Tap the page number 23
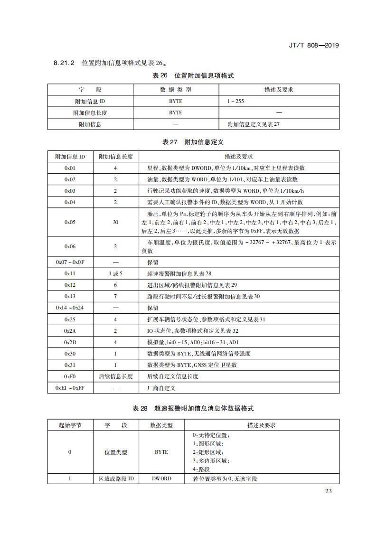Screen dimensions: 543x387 tap(329, 491)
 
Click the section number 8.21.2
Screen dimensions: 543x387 tap(64, 63)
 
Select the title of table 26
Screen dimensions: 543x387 tap(193, 75)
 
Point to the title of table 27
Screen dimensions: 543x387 tap(193, 142)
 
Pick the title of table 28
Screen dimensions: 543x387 tap(193, 408)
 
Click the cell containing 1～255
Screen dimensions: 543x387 tap(236, 102)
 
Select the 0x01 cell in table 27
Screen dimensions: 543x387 tap(70, 168)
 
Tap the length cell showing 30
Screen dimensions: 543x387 tap(115, 222)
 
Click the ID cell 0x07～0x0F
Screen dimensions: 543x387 tap(70, 262)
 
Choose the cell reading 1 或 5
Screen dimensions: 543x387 tap(115, 274)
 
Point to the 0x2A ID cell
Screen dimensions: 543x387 tap(70, 331)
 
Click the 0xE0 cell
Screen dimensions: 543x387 tap(70, 376)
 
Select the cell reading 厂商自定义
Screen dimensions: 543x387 tap(159, 388)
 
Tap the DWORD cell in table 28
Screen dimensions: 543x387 tap(161, 478)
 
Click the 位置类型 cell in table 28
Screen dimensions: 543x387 tap(116, 452)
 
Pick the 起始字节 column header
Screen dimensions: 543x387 tap(70, 425)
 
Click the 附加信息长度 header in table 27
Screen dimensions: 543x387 tap(115, 157)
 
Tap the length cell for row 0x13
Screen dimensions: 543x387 tap(115, 297)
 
